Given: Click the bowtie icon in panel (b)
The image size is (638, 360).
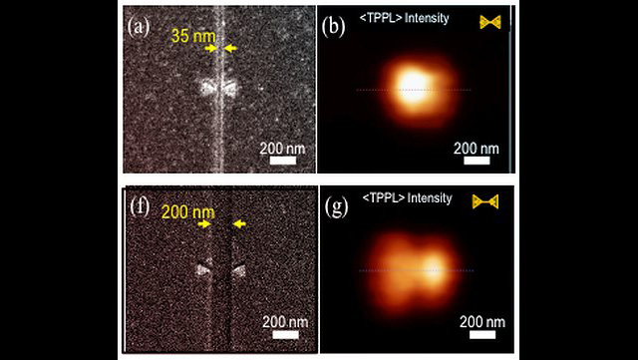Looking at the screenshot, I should click(x=488, y=21).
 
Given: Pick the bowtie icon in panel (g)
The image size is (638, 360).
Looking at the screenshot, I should click(x=485, y=202).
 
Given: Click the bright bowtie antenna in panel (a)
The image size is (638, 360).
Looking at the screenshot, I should click(x=216, y=88).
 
